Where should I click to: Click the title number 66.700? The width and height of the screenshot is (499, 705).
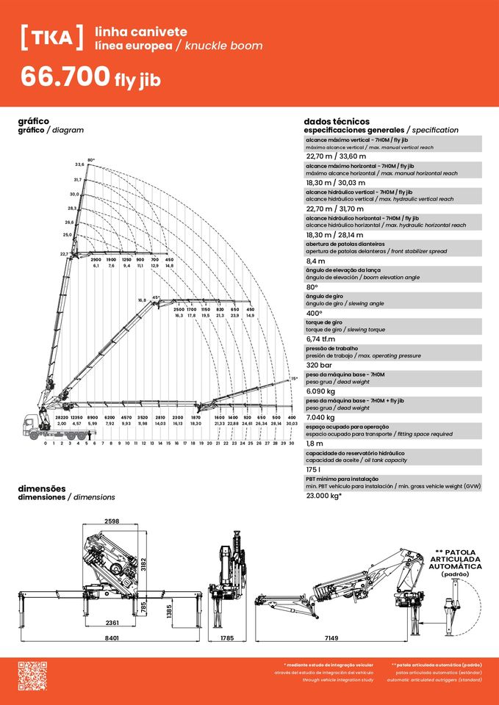point(65,77)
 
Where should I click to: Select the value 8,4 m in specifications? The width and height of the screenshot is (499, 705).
point(315,261)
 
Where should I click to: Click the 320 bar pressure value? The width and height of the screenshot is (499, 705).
point(319,365)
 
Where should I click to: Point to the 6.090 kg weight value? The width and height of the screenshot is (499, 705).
point(320,391)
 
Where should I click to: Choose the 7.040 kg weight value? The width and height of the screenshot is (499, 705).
point(320,417)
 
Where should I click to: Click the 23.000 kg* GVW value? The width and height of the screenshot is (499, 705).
point(324,495)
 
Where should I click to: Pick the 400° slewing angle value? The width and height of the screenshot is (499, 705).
point(314,313)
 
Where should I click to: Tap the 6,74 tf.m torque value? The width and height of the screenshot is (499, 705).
point(320,339)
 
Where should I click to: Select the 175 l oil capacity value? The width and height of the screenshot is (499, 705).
point(314,469)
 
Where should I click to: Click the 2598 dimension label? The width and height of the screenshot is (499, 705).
point(111,521)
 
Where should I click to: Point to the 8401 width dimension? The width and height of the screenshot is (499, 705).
point(112,638)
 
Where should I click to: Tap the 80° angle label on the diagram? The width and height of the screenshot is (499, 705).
point(91,159)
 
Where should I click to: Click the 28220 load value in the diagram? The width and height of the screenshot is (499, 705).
point(62,417)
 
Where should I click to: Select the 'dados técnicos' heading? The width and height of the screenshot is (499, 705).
point(336,121)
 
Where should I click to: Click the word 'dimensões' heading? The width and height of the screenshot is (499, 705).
point(42,488)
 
